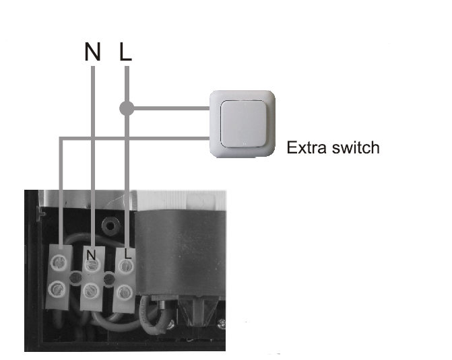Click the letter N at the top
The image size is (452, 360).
tap(92, 52)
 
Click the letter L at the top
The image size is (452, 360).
tap(125, 52)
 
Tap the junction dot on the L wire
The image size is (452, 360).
tap(125, 107)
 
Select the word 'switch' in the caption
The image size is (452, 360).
tap(356, 147)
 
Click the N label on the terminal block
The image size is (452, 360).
tap(92, 254)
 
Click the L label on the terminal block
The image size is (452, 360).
tap(127, 254)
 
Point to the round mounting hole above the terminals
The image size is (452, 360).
tap(107, 225)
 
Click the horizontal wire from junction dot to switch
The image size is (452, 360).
tap(168, 107)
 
